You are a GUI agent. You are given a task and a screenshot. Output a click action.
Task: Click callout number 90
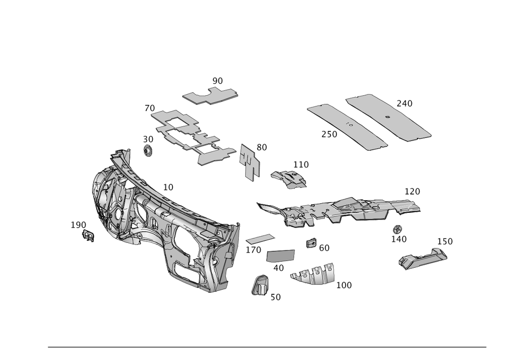pyautogui.click(x=218, y=80)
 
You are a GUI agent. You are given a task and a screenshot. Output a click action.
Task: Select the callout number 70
pyautogui.click(x=150, y=108)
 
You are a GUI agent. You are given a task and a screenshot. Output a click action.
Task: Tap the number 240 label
pyautogui.click(x=405, y=103)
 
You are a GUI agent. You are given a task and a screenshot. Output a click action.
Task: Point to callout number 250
pyautogui.click(x=329, y=134)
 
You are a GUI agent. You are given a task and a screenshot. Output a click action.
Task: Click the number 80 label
pyautogui.click(x=262, y=147)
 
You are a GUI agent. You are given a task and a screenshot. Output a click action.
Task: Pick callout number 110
pyautogui.click(x=301, y=164)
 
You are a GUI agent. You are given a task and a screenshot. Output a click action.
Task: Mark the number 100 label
pyautogui.click(x=344, y=285)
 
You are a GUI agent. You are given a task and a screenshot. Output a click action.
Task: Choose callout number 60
pyautogui.click(x=324, y=248)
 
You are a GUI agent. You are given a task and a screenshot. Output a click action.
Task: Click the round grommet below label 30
pyautogui.click(x=148, y=151)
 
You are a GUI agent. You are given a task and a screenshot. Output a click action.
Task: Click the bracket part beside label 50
pyautogui.click(x=261, y=285)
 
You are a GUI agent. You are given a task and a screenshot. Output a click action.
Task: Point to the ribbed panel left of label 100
pyautogui.click(x=313, y=274)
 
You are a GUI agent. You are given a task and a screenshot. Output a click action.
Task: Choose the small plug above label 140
pyautogui.click(x=398, y=229)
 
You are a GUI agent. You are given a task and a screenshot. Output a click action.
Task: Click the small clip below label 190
pyautogui.click(x=89, y=237)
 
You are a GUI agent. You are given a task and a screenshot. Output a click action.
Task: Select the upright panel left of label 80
pyautogui.click(x=250, y=161)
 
